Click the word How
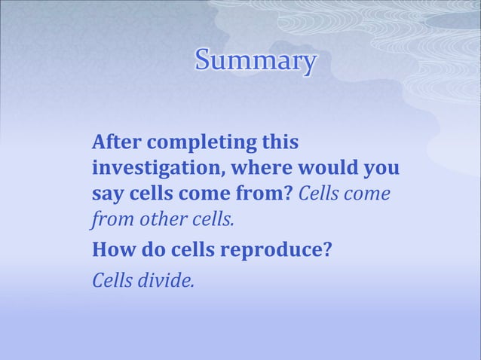112,249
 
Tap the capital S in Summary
203,61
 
